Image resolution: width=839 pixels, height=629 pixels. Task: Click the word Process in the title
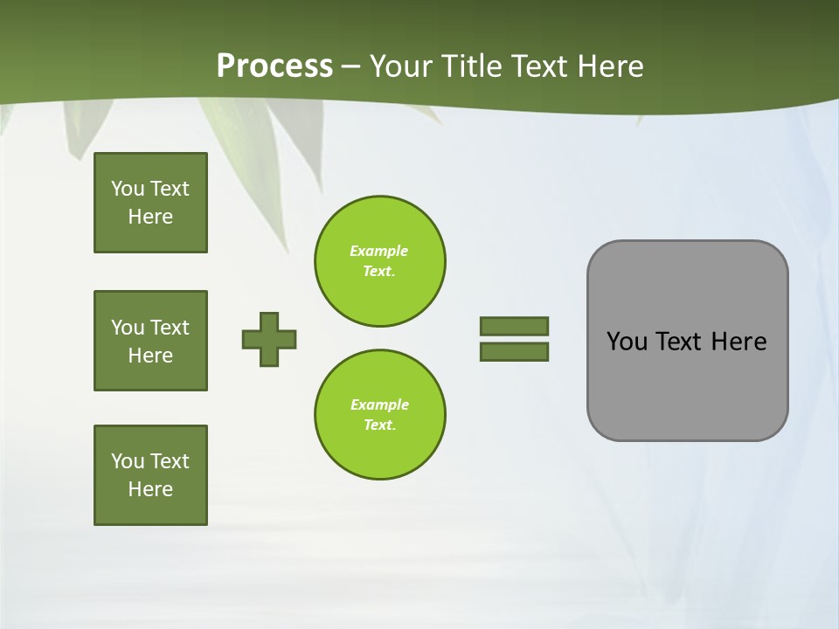coord(274,66)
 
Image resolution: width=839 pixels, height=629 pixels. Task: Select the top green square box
coord(150,203)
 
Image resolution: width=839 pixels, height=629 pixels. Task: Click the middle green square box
coord(150,341)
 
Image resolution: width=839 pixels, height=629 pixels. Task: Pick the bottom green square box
coord(150,475)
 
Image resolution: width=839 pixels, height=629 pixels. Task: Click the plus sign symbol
coord(269,339)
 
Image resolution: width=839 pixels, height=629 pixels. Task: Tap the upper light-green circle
coord(379,260)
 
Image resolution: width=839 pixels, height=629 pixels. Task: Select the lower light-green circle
coord(379,414)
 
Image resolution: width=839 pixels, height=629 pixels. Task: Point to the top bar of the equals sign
coord(514,326)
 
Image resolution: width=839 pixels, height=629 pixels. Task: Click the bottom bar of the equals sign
coord(514,351)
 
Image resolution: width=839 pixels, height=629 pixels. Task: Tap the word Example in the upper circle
coord(378,251)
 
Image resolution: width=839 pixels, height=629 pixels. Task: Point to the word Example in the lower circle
coord(379,404)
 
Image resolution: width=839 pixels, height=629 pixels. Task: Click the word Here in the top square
coord(150,217)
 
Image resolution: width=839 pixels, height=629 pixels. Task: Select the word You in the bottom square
coord(128,461)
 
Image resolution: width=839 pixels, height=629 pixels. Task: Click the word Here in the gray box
coord(738,342)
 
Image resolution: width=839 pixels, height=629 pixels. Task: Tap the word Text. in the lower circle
coord(379,425)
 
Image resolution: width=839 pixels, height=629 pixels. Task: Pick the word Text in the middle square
coord(170,328)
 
